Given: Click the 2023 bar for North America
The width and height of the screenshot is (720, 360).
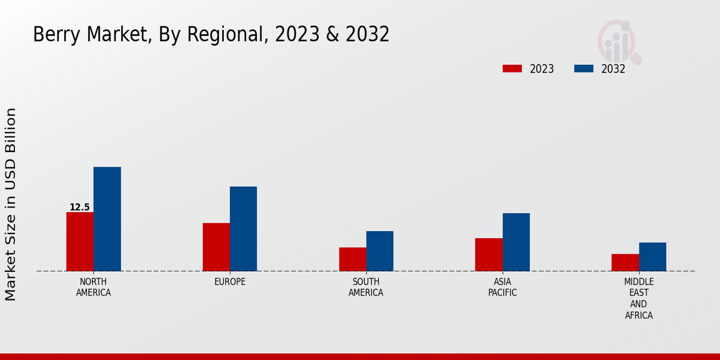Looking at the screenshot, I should (x=80, y=241).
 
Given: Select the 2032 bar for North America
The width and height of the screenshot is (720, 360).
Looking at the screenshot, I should (x=107, y=219).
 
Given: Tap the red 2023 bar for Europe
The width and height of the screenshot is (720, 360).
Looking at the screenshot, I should (x=216, y=247).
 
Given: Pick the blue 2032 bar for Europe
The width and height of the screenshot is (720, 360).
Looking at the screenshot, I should (x=243, y=229).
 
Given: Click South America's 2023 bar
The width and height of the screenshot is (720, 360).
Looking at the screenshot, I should (x=352, y=259).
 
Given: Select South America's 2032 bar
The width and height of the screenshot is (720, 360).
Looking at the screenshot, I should (x=380, y=251).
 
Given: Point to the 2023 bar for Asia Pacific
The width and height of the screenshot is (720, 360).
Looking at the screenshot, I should (x=488, y=254).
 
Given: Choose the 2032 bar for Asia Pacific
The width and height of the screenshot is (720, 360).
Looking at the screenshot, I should (x=516, y=242).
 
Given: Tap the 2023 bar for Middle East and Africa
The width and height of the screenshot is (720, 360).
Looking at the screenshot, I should (x=625, y=262).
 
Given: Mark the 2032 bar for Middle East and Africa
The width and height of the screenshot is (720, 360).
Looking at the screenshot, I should (x=652, y=257).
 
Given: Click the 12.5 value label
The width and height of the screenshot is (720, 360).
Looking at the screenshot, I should (x=79, y=207).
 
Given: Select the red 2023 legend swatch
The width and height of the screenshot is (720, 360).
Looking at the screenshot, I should (x=512, y=68).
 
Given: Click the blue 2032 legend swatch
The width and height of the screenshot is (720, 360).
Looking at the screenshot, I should (x=583, y=68).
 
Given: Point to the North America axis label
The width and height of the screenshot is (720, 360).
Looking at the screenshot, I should (x=94, y=287).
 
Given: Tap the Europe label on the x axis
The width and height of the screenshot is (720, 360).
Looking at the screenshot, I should (x=230, y=282).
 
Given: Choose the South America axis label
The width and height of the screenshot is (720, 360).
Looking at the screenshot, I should (x=366, y=287).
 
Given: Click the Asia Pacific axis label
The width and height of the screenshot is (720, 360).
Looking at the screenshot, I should (x=502, y=287).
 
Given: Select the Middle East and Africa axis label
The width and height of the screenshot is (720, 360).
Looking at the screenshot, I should (x=638, y=298).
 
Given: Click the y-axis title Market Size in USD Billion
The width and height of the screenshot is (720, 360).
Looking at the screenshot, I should (x=11, y=204).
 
